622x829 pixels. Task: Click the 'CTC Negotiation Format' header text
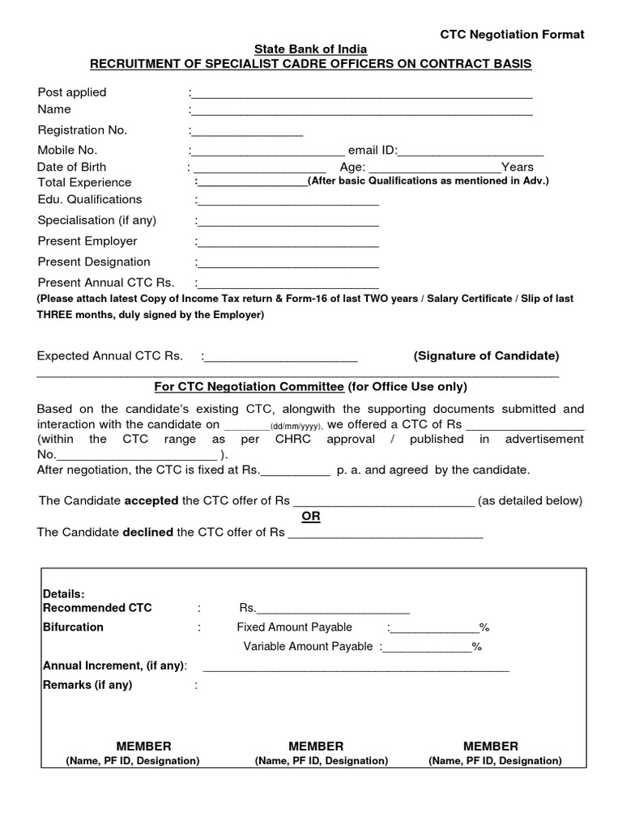click(x=512, y=34)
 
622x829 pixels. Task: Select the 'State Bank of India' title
click(x=311, y=49)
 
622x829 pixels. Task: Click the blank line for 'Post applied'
click(x=362, y=95)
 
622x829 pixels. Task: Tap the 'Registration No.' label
click(x=83, y=130)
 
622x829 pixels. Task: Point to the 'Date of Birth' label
click(x=72, y=167)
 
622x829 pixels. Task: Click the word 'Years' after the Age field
click(x=518, y=168)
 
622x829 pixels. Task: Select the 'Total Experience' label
click(x=84, y=183)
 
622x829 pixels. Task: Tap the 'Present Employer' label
click(x=87, y=241)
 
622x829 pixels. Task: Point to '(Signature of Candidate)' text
click(x=486, y=356)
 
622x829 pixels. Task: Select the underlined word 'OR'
click(x=311, y=517)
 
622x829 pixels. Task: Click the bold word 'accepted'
click(x=151, y=500)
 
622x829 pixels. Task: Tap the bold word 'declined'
click(x=149, y=532)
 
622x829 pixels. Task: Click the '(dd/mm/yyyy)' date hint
click(x=296, y=426)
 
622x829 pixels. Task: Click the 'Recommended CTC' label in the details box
click(x=97, y=608)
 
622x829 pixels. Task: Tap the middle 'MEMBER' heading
click(x=316, y=746)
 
